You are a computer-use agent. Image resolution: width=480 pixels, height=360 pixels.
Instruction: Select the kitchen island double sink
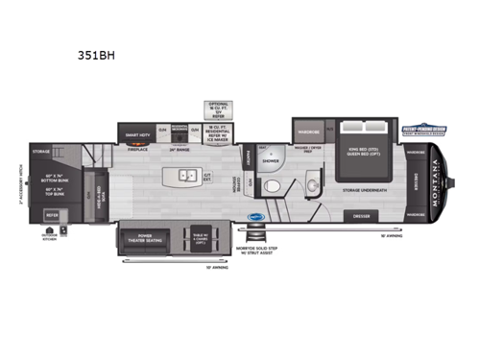coord(185,177)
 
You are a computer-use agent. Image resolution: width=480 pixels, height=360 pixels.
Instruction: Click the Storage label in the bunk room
coord(41,151)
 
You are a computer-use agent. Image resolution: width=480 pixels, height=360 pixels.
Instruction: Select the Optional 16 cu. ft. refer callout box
coord(217,108)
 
